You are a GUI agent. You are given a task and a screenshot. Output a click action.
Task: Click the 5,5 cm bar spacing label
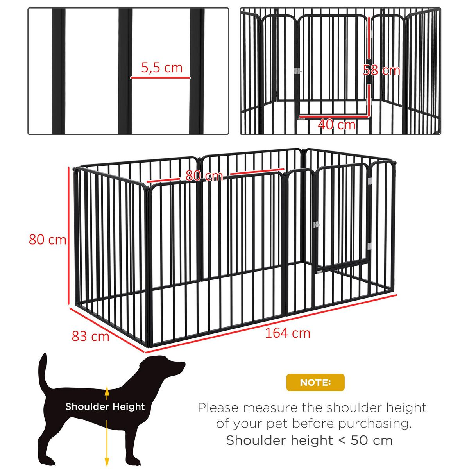[162, 68]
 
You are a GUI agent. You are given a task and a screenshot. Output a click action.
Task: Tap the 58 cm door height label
[381, 70]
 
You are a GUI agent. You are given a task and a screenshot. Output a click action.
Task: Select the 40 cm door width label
[337, 125]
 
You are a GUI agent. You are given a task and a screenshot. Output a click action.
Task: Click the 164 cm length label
[288, 333]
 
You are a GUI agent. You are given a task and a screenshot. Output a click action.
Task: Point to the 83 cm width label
[90, 336]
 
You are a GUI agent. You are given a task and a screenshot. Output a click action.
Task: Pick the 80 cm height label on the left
[47, 239]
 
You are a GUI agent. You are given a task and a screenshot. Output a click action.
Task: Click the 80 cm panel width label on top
[204, 176]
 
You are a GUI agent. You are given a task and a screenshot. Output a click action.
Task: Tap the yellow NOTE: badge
[315, 382]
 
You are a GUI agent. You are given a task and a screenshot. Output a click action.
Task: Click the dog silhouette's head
[168, 367]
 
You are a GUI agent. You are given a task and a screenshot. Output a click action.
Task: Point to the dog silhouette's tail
[42, 371]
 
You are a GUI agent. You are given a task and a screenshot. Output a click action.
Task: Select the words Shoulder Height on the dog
[105, 406]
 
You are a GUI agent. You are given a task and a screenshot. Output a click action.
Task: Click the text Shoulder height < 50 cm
[309, 440]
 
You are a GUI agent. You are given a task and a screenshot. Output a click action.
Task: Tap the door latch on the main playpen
[316, 225]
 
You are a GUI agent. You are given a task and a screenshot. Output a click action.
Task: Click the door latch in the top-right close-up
[298, 71]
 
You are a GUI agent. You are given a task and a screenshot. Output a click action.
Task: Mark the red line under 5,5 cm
[160, 77]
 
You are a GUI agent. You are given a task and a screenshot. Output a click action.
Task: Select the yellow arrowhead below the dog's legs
[106, 462]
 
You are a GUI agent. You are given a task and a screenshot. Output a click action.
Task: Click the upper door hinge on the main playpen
[370, 182]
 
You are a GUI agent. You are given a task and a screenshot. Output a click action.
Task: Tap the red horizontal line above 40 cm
[333, 116]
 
